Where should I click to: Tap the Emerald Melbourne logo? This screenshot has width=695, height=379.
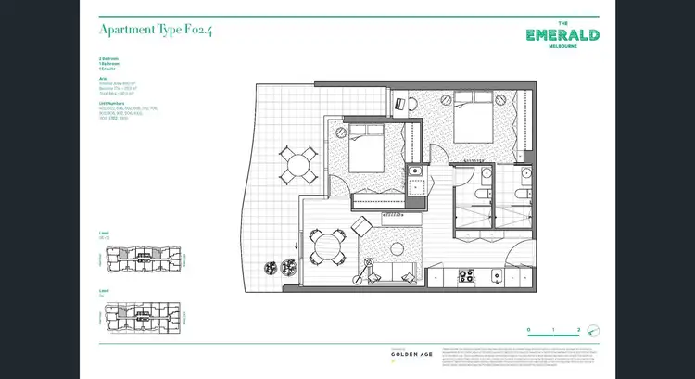tap(562, 36)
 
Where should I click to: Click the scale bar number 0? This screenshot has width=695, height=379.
tap(528, 329)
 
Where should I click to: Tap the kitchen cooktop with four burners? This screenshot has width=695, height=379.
tap(465, 275)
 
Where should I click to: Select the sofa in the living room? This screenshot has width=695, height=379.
tap(391, 272)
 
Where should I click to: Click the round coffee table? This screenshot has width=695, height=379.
tap(398, 249)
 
